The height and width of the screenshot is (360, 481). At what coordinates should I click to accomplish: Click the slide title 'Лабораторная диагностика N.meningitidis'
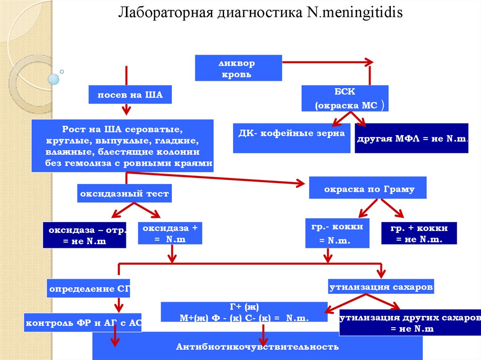click(x=260, y=13)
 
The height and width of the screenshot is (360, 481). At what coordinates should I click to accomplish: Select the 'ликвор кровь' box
click(x=238, y=68)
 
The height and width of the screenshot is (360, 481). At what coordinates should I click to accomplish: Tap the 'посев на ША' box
click(x=130, y=94)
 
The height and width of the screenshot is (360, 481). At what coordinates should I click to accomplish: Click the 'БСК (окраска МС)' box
click(x=345, y=98)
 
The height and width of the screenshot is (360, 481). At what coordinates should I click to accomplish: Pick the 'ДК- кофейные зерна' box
click(x=291, y=138)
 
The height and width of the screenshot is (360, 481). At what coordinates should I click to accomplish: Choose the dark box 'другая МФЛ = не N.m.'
click(x=411, y=138)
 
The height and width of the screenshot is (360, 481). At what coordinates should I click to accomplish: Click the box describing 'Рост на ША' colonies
click(x=123, y=146)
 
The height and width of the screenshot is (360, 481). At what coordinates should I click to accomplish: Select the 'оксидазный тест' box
click(x=124, y=193)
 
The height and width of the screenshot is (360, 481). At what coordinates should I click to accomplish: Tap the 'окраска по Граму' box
click(x=367, y=187)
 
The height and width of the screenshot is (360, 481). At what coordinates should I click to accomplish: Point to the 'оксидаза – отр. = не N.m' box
click(x=85, y=235)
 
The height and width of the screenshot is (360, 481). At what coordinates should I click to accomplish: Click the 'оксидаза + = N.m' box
click(x=170, y=233)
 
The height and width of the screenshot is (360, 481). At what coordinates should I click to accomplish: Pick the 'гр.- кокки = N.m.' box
click(x=337, y=233)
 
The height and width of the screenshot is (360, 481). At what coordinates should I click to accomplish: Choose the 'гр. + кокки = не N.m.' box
click(x=419, y=233)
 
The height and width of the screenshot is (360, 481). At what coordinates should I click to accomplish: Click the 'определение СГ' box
click(x=88, y=288)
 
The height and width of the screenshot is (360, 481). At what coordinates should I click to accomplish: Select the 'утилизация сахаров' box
click(x=381, y=286)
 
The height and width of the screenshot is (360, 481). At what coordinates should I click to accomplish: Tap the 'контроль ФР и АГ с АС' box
click(x=83, y=322)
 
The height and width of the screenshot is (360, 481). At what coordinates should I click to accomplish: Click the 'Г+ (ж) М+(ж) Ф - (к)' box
click(x=244, y=312)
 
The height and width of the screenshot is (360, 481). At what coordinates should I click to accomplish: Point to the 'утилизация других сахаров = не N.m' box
click(x=410, y=322)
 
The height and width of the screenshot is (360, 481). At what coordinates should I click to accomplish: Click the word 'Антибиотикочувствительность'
click(x=257, y=346)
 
